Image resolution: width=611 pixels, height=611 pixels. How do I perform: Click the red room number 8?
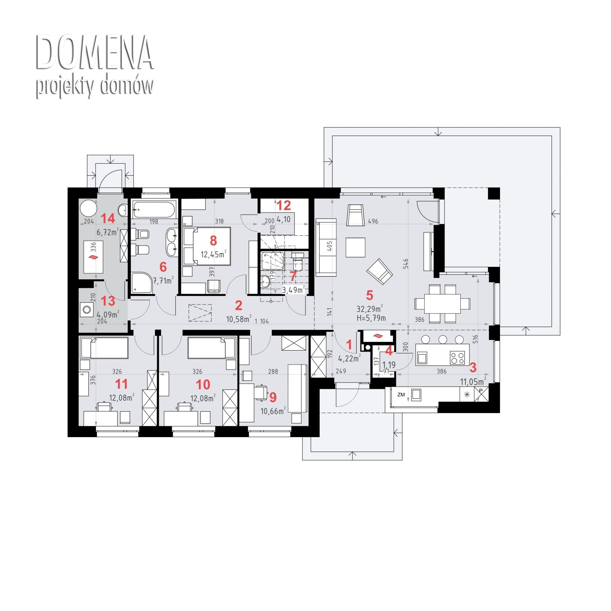click(213, 240)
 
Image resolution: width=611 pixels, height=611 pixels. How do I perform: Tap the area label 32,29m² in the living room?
click(370, 309)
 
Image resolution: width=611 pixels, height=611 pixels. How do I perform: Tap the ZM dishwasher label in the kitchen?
click(401, 395)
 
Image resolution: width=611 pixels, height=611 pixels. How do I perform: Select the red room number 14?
click(108, 219)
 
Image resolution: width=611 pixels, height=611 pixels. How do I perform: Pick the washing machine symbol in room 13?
click(87, 310)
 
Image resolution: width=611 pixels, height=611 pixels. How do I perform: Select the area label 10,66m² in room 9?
click(273, 411)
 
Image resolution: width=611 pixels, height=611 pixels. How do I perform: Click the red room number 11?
click(121, 384)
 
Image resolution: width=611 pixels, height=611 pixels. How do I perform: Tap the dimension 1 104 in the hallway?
click(262, 322)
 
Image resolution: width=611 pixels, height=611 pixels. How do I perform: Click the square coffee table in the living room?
click(355, 247)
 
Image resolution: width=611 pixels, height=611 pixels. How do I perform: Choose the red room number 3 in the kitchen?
click(473, 368)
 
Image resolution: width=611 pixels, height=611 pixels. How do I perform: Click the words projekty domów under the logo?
click(95, 87)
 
